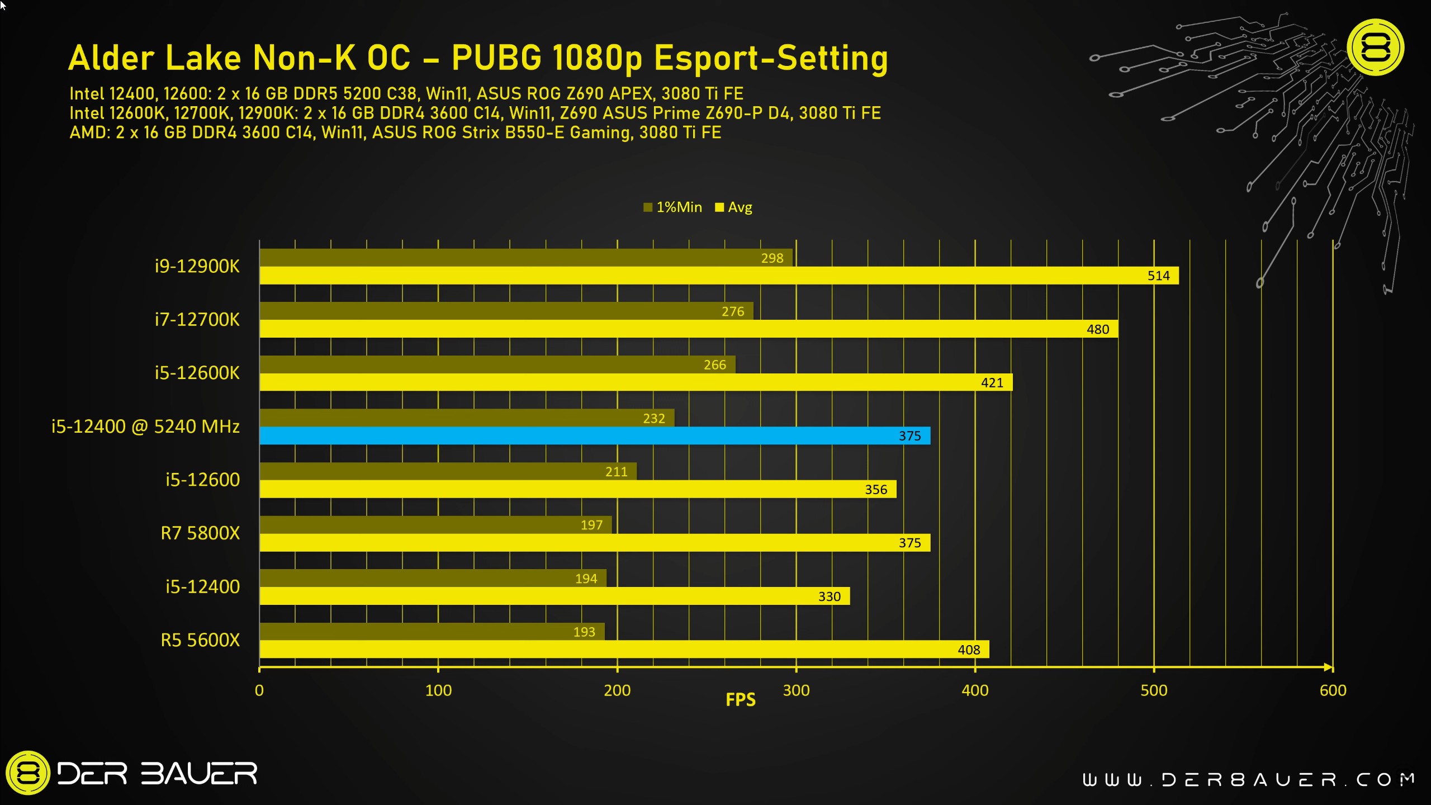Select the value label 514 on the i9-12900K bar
[x=1158, y=276]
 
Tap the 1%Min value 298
[x=772, y=258]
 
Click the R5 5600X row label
[x=200, y=640]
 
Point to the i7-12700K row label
[x=197, y=319]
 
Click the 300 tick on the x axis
[x=796, y=690]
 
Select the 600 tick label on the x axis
[x=1333, y=690]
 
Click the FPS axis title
[x=740, y=700]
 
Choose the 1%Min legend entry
[x=673, y=207]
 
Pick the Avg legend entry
[x=735, y=207]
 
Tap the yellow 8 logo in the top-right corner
[x=1375, y=48]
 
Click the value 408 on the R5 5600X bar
[x=969, y=650]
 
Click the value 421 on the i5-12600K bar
[x=992, y=382]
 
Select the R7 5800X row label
[x=200, y=533]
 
